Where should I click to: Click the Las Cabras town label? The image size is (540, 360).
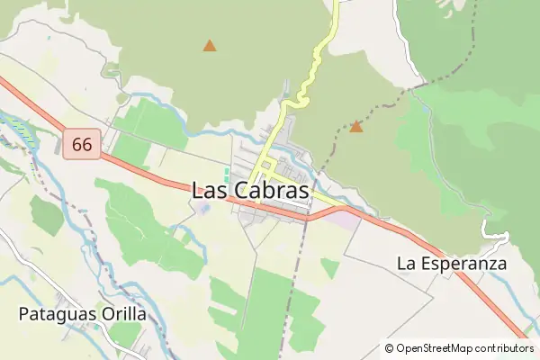coord(250,191)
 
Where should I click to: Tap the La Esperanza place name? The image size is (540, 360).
coord(452,264)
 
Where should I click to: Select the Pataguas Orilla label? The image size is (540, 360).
coord(82,314)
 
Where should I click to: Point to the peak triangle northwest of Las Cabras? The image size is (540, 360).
coord(210,45)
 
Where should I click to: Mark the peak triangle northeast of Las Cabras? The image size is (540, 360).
coord(355,127)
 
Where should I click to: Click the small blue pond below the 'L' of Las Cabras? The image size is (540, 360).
coord(203,209)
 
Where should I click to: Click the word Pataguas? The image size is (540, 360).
coord(56,314)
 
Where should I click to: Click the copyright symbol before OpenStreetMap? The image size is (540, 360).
coord(390,348)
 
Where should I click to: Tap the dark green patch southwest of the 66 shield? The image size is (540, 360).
coord(46,214)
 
